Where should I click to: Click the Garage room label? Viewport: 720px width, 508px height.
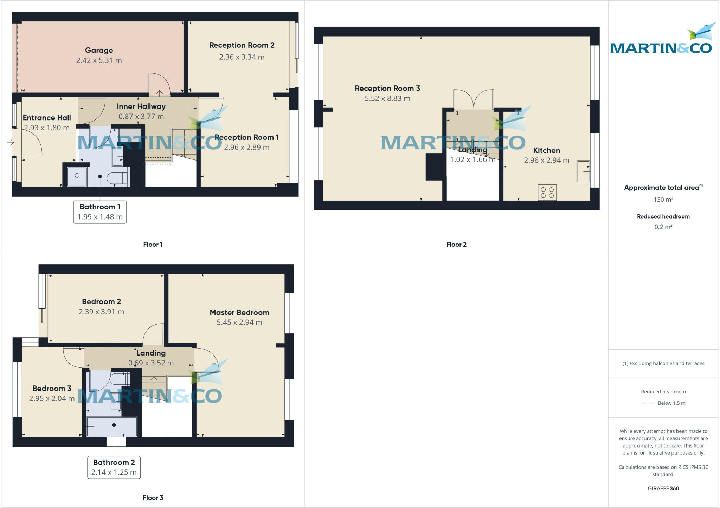(x=99, y=50)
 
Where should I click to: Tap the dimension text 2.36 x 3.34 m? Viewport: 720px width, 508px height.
(x=242, y=57)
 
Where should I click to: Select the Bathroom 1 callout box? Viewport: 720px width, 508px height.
(x=100, y=212)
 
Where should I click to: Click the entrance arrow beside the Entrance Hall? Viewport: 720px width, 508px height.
(x=11, y=142)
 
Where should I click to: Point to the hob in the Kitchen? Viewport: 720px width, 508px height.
(x=547, y=193)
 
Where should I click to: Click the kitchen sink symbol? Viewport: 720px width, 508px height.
(x=583, y=172)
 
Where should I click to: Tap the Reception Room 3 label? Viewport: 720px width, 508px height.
(x=387, y=88)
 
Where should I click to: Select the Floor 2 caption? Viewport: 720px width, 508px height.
(x=456, y=245)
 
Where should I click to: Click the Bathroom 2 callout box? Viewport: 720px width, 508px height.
(x=114, y=467)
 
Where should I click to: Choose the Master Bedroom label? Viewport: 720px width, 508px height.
(x=239, y=312)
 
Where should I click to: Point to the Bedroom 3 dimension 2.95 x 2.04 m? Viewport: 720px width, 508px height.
(x=52, y=398)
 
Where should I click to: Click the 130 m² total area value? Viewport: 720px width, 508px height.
(x=663, y=200)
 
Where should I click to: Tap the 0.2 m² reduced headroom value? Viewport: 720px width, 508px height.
(x=663, y=227)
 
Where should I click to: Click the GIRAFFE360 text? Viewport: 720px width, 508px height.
(x=663, y=488)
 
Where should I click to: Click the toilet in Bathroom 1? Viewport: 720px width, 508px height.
(x=116, y=178)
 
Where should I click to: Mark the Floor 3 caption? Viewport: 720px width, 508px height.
(x=153, y=498)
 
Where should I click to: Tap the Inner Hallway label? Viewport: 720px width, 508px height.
(x=141, y=106)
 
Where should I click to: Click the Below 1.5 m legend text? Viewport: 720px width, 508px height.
(x=671, y=403)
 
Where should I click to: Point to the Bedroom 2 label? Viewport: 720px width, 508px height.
(x=101, y=301)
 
